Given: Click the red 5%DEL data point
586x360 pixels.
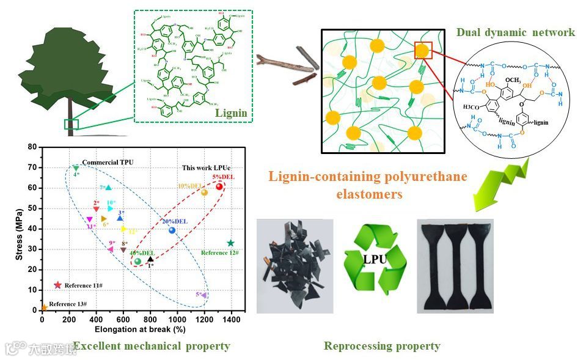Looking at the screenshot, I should tap(219, 186).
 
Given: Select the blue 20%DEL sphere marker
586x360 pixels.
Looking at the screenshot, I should tap(172, 230).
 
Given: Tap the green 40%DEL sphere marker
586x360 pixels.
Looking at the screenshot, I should tap(137, 262).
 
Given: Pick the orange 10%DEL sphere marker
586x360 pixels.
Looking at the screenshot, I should tap(204, 193).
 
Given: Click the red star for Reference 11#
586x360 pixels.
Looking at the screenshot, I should tap(58, 285).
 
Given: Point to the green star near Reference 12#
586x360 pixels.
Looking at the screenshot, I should tap(230, 243).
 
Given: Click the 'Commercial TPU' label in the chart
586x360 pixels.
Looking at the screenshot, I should tap(108, 162).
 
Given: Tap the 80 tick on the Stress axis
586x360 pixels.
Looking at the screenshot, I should tap(33, 147).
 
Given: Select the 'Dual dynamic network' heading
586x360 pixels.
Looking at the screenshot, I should tap(515, 32).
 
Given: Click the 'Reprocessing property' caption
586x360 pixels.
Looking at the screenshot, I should tap(382, 346).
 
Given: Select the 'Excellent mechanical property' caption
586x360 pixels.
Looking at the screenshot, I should tap(151, 346).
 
